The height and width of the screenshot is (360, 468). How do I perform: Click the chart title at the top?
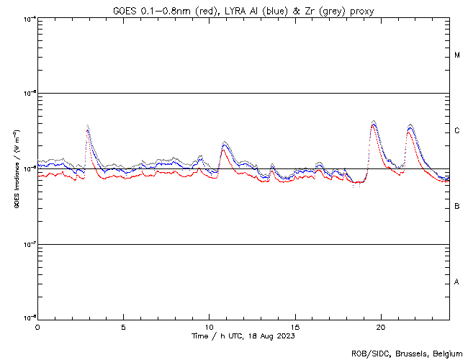243,11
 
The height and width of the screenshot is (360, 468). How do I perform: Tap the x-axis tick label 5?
123,325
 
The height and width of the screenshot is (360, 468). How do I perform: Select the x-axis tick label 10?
209,325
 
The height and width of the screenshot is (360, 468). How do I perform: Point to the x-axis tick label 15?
295,325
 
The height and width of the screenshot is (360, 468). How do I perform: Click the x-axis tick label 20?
381,325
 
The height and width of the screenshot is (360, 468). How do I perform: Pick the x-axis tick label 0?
37,325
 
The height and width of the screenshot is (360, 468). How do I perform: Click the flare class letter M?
457,55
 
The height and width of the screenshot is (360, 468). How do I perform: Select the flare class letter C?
457,131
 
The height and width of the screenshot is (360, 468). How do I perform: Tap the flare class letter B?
457,207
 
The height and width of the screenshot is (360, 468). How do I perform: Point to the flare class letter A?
457,282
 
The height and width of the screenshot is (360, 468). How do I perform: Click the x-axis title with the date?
243,336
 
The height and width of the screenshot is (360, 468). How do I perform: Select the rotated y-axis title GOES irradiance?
15,170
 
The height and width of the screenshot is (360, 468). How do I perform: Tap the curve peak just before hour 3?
87,127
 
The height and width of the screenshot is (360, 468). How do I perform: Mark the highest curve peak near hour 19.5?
373,121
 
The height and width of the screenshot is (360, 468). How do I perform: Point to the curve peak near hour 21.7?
410,125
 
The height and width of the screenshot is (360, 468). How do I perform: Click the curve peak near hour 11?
225,143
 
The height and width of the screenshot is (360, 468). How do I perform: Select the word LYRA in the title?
235,11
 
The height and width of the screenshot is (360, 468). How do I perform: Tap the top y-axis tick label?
30,18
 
